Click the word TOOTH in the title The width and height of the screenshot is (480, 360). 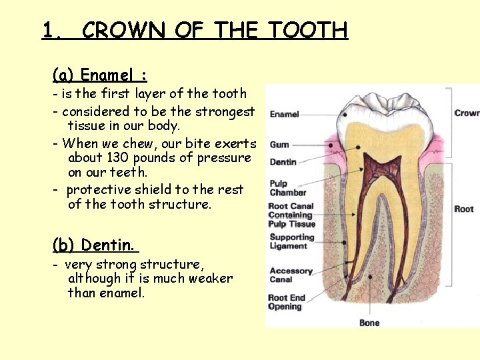click(307, 31)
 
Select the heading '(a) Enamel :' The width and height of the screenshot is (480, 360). click(100, 75)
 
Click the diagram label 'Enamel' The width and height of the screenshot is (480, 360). click(284, 115)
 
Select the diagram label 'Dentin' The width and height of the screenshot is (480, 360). click(283, 162)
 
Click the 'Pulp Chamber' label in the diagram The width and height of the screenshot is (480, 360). click(288, 188)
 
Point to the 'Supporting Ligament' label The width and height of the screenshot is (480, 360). click(291, 241)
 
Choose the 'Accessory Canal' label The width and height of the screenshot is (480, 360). click(291, 275)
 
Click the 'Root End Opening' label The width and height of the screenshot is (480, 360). click(285, 302)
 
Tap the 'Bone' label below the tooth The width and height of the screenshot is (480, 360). click(369, 323)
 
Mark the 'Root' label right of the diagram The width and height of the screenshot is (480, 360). click(464, 209)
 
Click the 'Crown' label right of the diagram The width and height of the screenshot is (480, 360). click(467, 113)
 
